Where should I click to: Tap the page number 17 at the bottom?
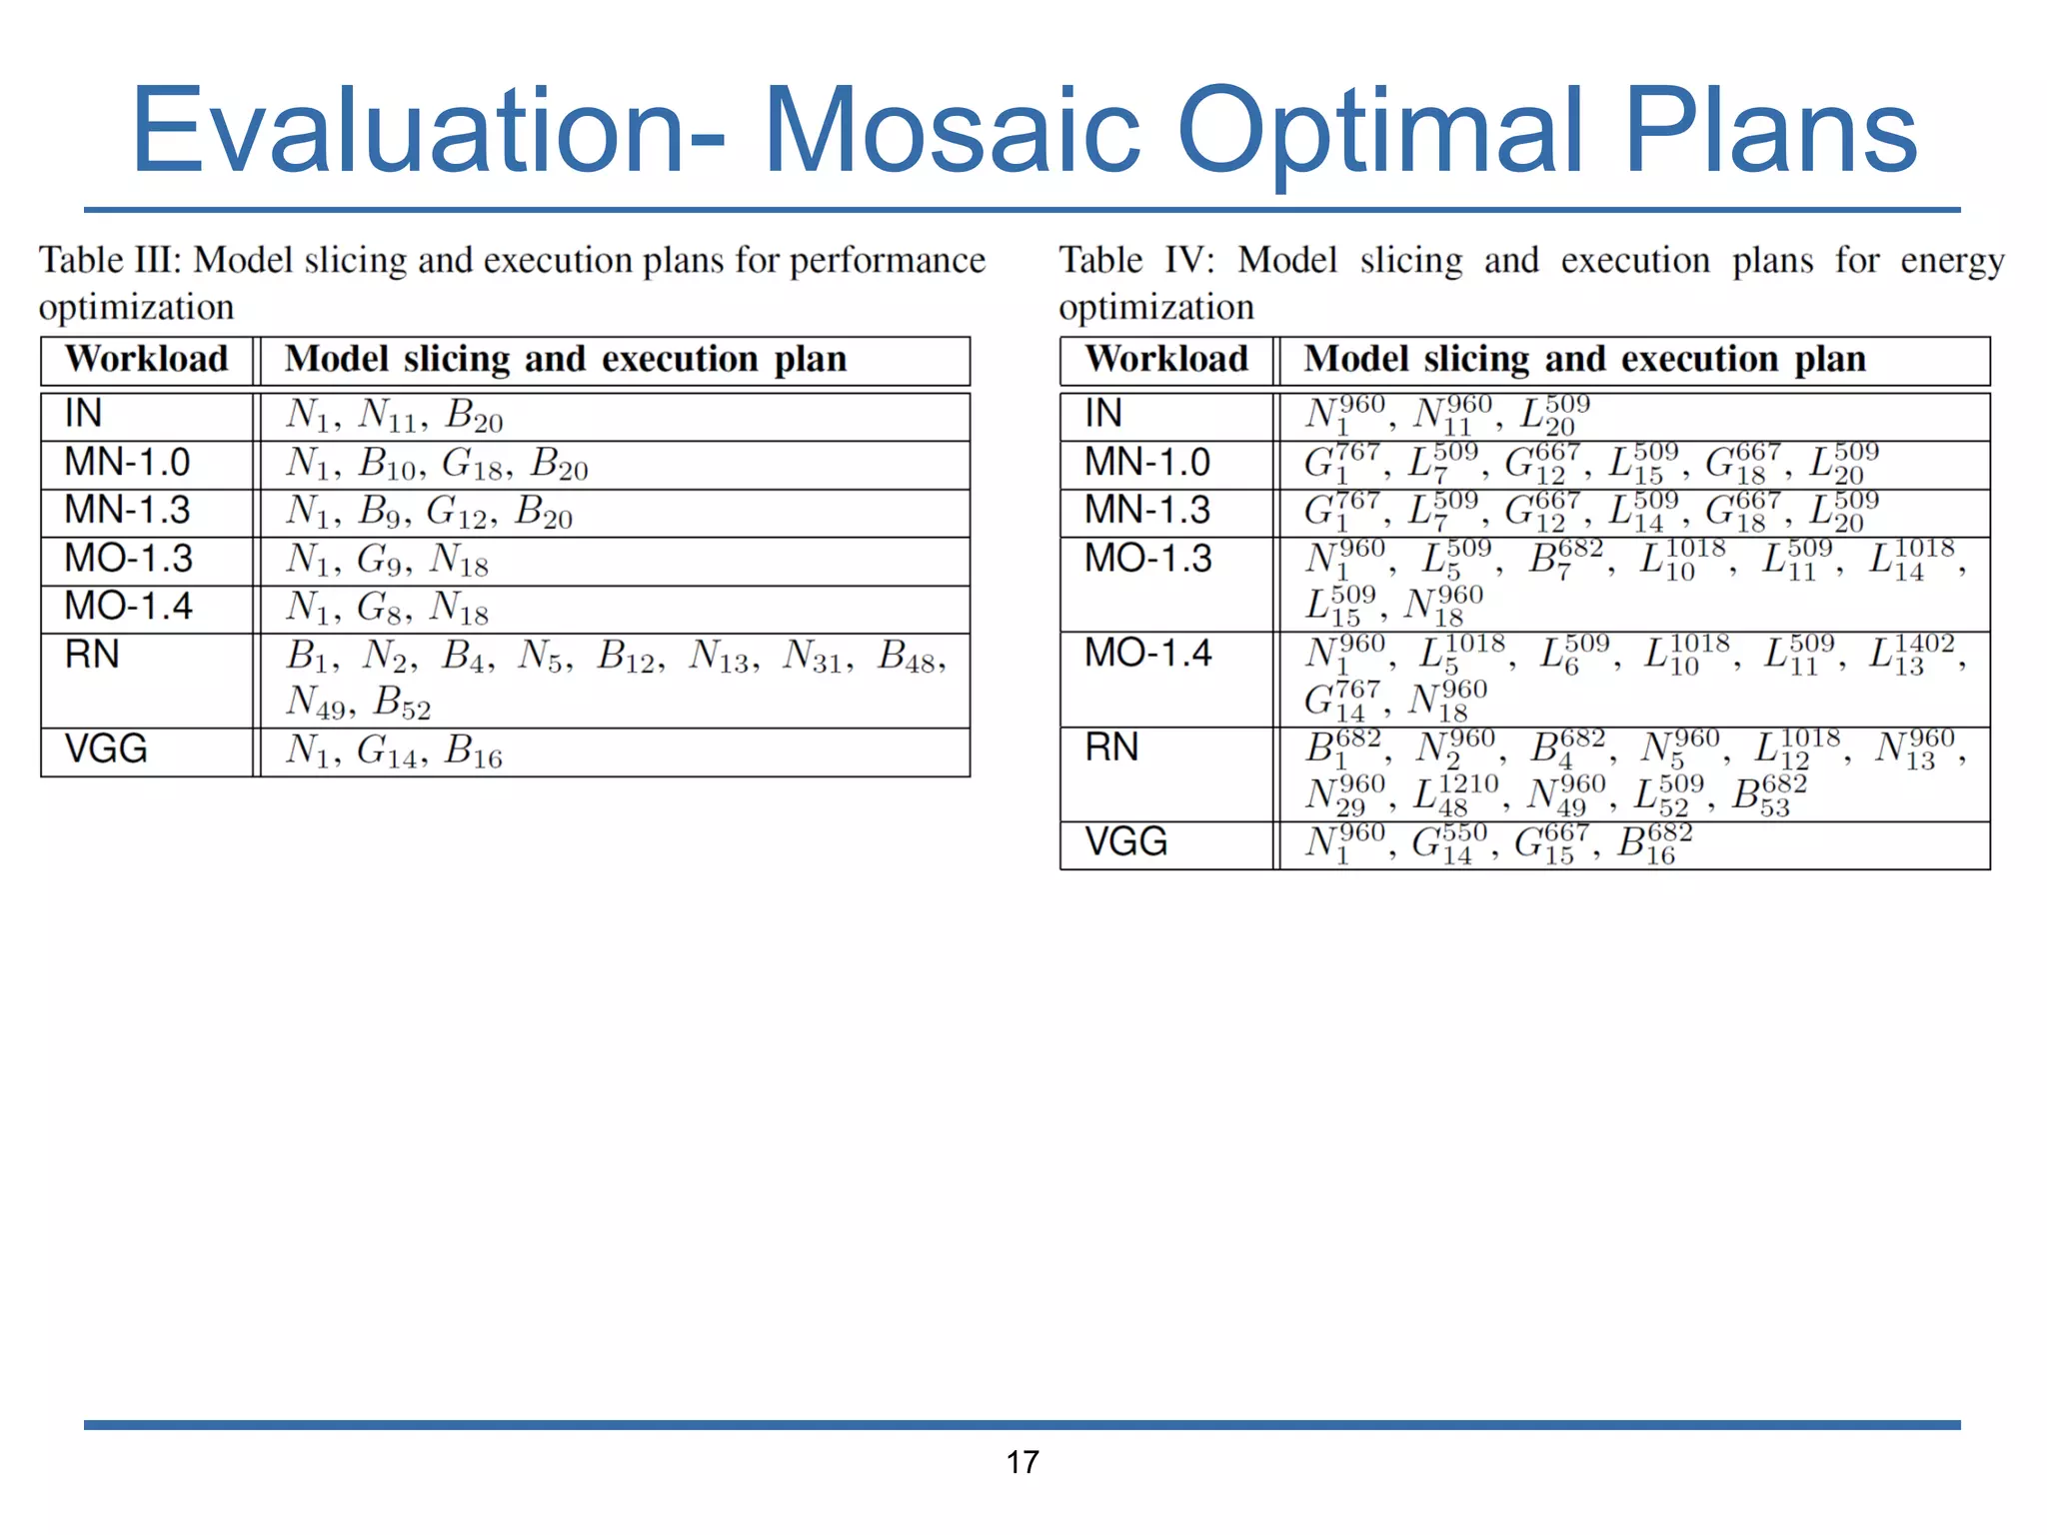1022,1462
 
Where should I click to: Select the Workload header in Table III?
146,360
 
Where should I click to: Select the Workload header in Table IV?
1166,360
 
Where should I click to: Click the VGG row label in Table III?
105,750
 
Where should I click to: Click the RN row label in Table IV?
1111,748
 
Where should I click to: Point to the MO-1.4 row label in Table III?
128,607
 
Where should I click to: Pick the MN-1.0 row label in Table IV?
1147,463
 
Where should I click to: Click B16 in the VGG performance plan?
473,752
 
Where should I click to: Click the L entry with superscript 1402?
1910,656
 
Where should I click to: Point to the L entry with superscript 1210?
1454,794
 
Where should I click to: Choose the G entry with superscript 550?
1448,842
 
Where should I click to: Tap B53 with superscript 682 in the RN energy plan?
1768,794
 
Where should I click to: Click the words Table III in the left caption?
109,261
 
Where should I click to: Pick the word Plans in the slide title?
1769,131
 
